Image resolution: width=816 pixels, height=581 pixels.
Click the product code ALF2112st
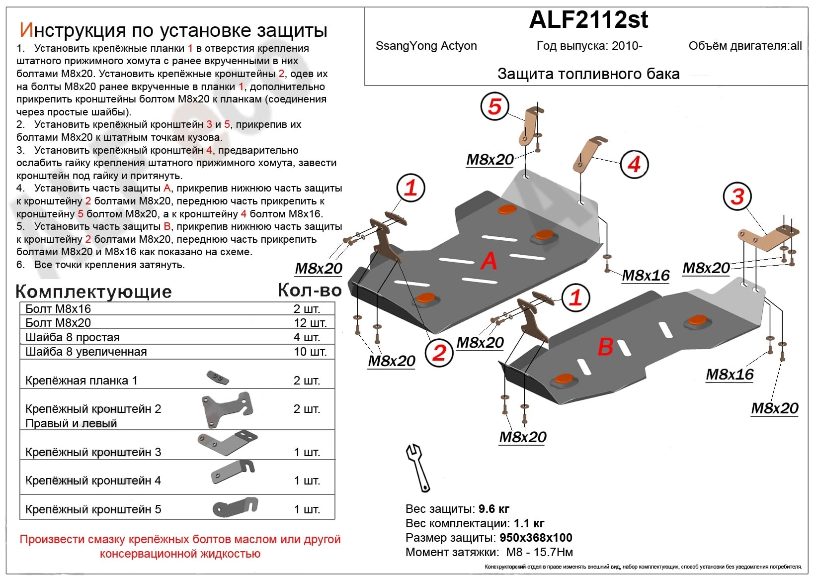tap(588, 20)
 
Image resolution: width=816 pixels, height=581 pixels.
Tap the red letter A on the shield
tap(489, 261)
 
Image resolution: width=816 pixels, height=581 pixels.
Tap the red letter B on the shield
tap(605, 346)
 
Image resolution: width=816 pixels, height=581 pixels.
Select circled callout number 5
tap(494, 106)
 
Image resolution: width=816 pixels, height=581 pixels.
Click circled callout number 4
tap(634, 164)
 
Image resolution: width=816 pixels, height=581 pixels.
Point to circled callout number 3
tap(737, 196)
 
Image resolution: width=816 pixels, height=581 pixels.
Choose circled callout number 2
tap(439, 353)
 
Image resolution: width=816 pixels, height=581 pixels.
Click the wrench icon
tap(417, 468)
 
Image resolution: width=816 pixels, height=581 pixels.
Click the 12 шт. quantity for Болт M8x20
tap(310, 323)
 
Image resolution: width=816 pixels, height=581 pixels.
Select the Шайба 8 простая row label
tap(73, 337)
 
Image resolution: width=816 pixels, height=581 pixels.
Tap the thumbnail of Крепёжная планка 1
tap(218, 378)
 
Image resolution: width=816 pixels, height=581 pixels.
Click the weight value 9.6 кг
tap(494, 509)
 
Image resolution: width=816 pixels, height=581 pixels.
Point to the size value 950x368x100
tap(536, 538)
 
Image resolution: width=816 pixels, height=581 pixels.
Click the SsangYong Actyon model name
tap(426, 46)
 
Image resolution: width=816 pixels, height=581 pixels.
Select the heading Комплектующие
tap(93, 291)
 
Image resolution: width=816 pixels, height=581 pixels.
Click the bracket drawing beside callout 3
tap(765, 238)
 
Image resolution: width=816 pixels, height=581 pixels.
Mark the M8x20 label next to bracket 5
tap(490, 160)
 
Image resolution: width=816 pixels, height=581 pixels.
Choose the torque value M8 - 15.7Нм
tap(539, 552)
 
